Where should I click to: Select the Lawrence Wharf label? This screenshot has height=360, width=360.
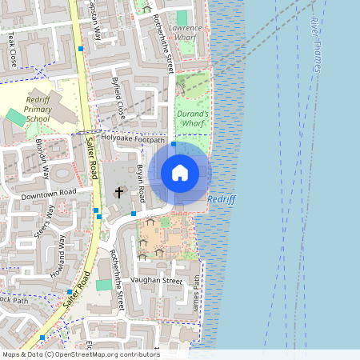point(186,33)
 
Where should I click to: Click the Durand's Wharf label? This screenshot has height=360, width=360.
point(192,119)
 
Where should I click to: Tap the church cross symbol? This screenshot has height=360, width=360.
point(119,192)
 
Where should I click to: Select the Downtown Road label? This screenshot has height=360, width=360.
point(48,193)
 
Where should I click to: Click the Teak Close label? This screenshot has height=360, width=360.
point(11,50)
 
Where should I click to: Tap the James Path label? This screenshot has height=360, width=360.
point(196,292)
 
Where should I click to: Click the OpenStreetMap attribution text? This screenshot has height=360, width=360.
point(80,354)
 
